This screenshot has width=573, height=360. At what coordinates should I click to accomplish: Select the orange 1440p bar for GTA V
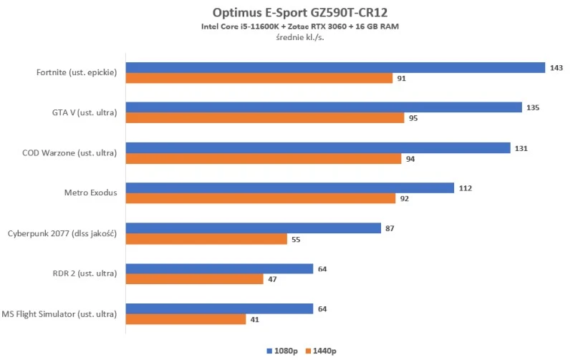point(265,118)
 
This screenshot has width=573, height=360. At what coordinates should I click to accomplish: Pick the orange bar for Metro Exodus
point(261,198)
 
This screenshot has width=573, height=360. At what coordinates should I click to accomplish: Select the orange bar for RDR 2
point(196,279)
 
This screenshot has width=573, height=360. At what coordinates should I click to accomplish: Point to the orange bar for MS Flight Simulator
point(186,319)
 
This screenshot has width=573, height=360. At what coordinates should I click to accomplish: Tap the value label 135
point(532,108)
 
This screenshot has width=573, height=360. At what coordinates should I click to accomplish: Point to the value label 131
point(521,148)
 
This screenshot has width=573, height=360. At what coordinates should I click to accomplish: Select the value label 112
point(466,188)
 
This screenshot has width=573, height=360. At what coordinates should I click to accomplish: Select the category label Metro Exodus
point(90,193)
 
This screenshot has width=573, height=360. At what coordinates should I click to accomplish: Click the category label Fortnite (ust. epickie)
point(77,72)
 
